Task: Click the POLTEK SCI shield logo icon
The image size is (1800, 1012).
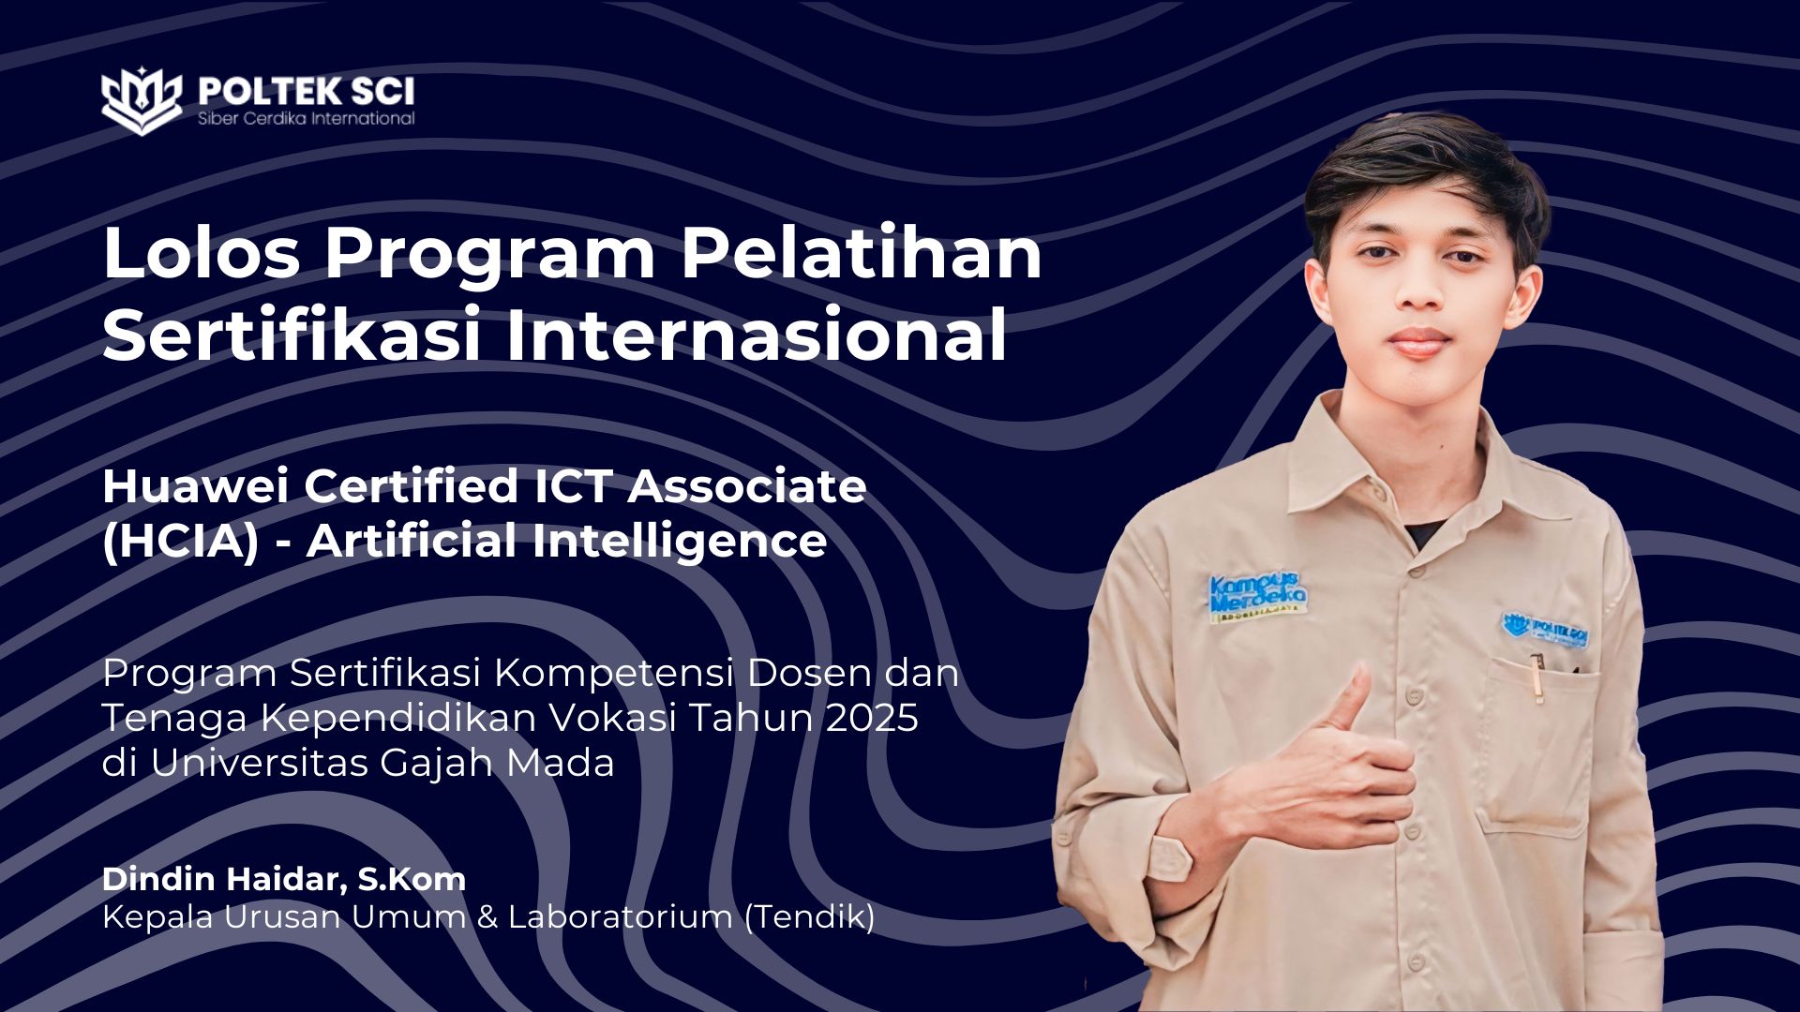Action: (142, 99)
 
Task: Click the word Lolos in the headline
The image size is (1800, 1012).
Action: (202, 253)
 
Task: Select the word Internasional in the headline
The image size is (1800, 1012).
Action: (757, 335)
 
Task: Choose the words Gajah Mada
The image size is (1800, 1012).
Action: (498, 764)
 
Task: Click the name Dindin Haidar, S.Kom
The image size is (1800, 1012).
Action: (284, 879)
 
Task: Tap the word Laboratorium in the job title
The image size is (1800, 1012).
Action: (621, 916)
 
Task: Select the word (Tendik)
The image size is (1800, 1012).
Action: (809, 916)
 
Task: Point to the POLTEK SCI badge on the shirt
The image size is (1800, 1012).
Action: (1546, 629)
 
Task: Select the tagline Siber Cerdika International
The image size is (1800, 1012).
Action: (306, 119)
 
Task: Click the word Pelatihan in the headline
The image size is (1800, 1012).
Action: (861, 253)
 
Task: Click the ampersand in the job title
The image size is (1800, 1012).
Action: (487, 917)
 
